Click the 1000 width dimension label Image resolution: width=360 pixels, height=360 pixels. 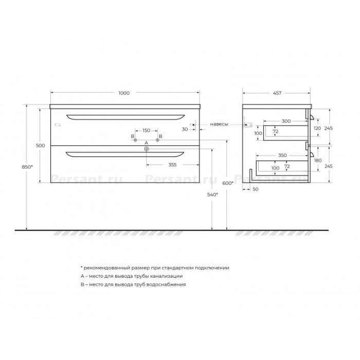(124, 93)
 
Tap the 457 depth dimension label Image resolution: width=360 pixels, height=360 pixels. (277, 93)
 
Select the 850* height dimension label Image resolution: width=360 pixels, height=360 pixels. (27, 167)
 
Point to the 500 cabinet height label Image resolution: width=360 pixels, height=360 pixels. (41, 146)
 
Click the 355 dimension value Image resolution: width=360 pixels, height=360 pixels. (172, 165)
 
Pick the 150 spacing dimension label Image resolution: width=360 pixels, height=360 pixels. (146, 131)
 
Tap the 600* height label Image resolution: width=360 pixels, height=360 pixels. (228, 183)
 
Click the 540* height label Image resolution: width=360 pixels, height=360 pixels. (212, 195)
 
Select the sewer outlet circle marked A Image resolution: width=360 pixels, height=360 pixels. (147, 149)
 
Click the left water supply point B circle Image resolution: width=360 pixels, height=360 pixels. (135, 140)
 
